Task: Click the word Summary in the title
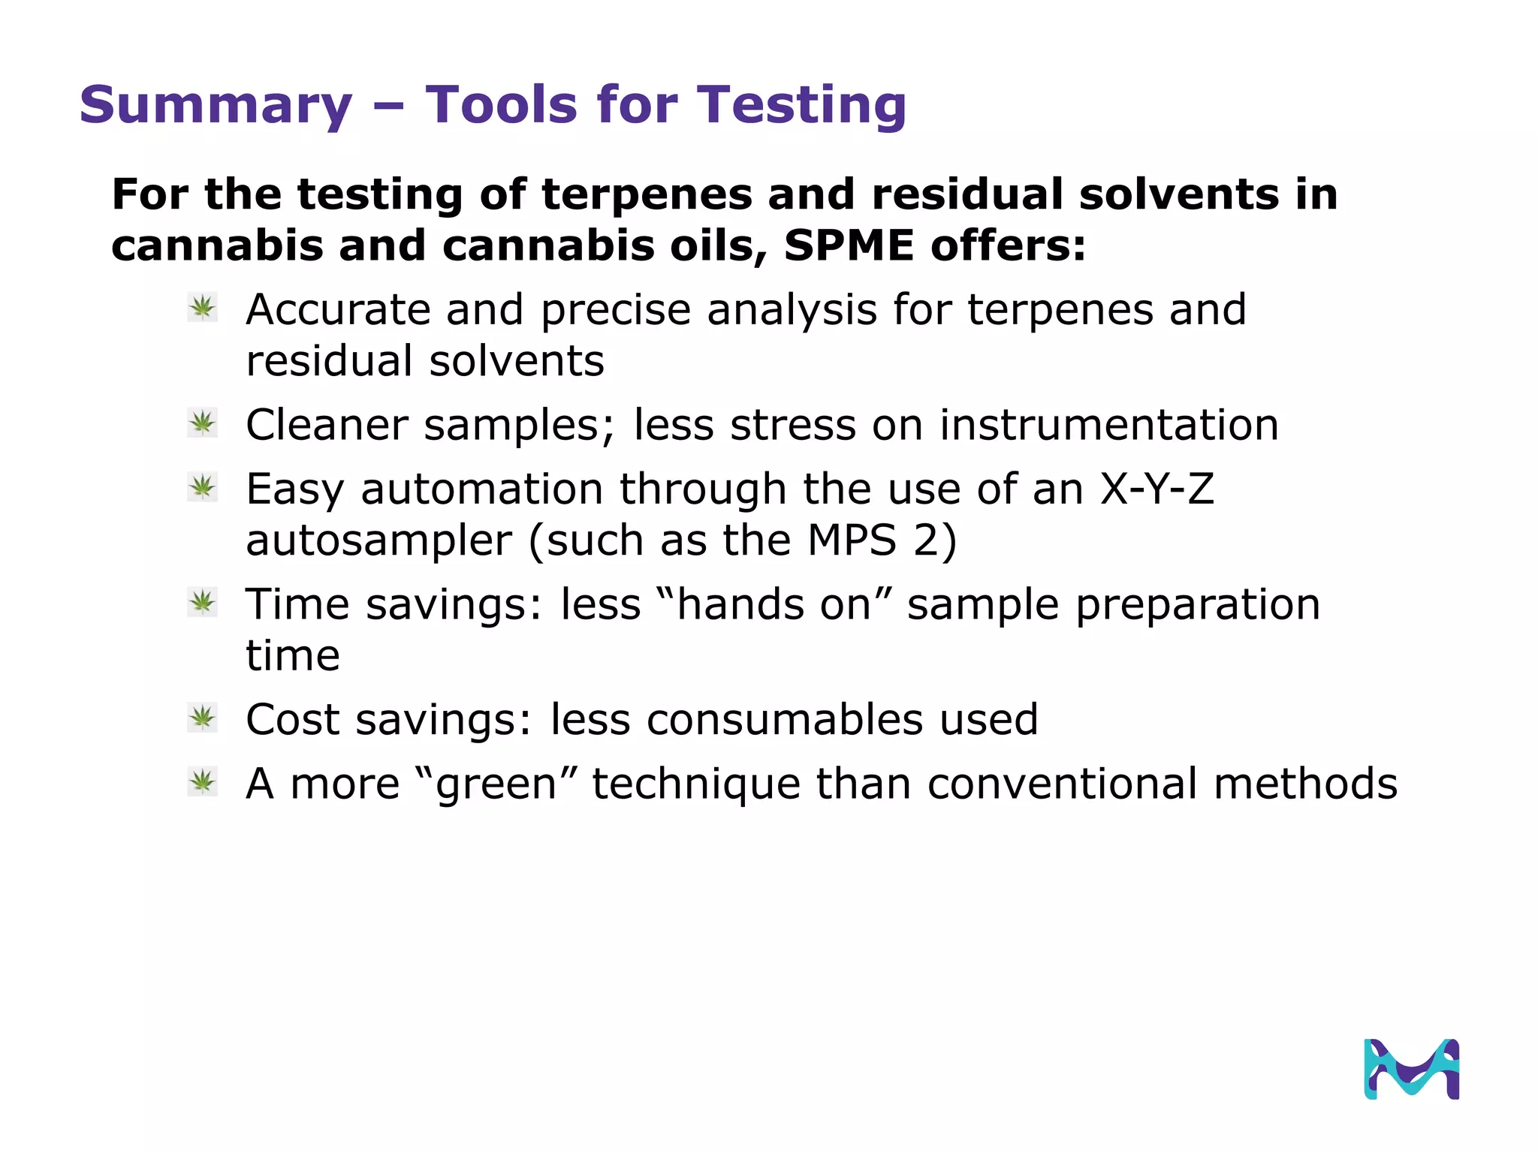(216, 106)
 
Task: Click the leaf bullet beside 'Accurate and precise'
(203, 308)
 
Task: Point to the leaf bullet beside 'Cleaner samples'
(203, 423)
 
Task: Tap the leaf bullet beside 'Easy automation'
(203, 488)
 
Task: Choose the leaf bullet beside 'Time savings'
(203, 603)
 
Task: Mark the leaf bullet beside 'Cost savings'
(203, 718)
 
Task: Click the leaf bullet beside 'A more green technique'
(203, 782)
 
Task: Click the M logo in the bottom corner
(1411, 1069)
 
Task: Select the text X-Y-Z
(1157, 489)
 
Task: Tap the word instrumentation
(1109, 426)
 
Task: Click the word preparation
(1197, 606)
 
